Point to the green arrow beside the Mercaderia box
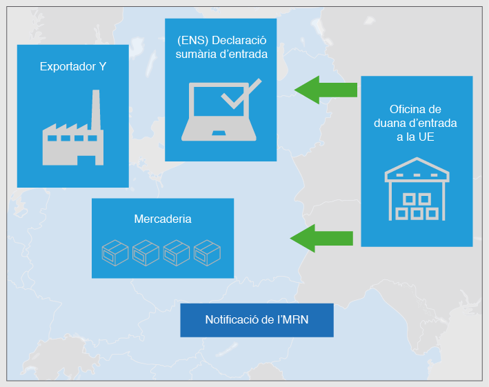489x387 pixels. [321, 238]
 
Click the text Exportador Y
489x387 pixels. [72, 67]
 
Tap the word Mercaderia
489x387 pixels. [163, 219]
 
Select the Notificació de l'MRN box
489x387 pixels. [257, 320]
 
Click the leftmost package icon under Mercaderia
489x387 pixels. [115, 252]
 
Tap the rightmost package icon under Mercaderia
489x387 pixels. [207, 252]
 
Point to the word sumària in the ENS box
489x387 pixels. [192, 54]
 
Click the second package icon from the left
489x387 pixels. [146, 252]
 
